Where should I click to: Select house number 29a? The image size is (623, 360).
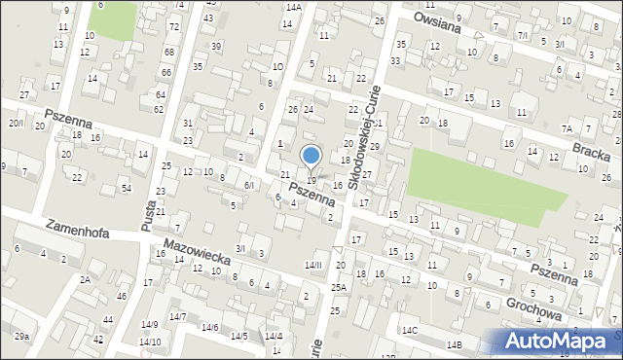21,337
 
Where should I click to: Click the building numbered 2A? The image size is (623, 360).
86,279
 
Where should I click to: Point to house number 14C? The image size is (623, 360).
411,331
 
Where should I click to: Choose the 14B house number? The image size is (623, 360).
455,344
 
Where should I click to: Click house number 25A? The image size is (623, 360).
338,288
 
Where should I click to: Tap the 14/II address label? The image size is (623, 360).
312,265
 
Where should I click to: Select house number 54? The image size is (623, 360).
126,187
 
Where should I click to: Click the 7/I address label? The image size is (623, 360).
523,36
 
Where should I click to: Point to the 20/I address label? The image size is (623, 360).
17,123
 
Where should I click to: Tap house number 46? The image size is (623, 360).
121,297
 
